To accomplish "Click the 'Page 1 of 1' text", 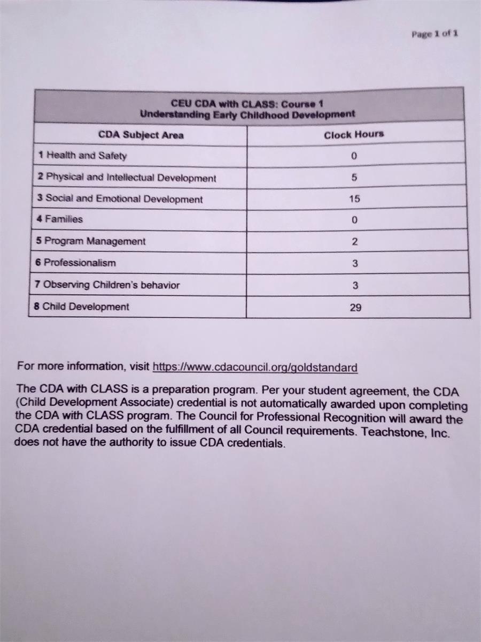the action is click(x=435, y=34).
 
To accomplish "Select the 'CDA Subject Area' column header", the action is click(x=141, y=135).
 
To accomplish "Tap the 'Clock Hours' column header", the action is click(x=354, y=134).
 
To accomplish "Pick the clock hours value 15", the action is click(x=354, y=198).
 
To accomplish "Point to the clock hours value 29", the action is click(x=355, y=308).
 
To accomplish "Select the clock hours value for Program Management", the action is click(x=354, y=242).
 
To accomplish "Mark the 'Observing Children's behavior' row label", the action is click(x=107, y=285).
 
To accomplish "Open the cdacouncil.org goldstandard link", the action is click(x=255, y=368).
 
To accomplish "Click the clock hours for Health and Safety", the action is click(x=354, y=156).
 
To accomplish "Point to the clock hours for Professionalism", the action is click(x=355, y=263).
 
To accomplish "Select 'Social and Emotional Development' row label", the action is click(x=120, y=199).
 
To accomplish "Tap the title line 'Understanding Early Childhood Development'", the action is click(x=247, y=114).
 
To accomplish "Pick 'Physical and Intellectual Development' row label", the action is click(x=127, y=178).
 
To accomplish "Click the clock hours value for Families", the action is click(x=354, y=220).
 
